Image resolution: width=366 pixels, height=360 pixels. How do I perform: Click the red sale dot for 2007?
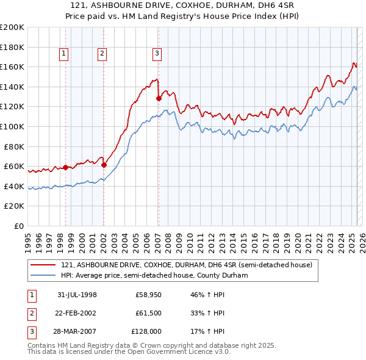point(159,98)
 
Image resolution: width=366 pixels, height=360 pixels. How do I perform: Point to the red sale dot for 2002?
point(104,164)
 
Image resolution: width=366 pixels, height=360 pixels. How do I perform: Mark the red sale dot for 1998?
point(65,167)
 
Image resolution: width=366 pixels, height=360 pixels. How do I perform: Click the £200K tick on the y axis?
point(12,27)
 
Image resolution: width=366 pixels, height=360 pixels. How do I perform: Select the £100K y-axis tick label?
point(12,126)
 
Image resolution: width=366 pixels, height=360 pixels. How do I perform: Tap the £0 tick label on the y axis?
point(18,226)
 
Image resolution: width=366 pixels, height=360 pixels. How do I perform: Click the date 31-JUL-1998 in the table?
point(77,295)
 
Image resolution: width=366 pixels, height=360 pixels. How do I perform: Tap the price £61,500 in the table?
point(148,312)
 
